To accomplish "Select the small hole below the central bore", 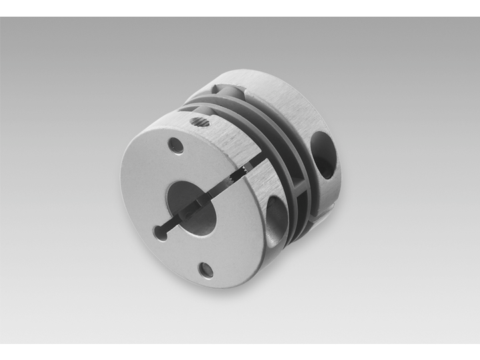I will pos(207,269).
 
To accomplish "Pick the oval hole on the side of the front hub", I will pos(276,217).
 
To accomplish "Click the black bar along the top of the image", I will pos(240,8).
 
